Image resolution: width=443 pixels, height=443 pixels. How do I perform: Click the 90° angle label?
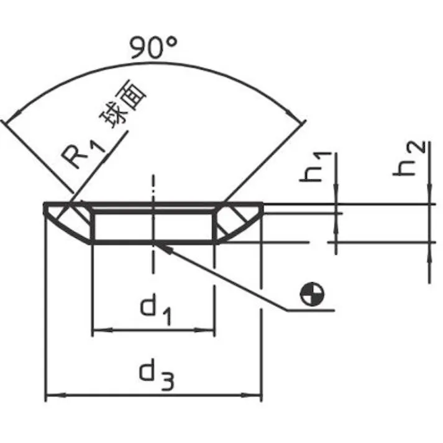(x=153, y=47)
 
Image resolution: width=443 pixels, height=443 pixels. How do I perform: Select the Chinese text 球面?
(x=124, y=104)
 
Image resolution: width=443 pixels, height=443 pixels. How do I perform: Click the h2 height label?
(x=409, y=159)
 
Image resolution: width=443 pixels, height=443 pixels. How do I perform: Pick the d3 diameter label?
(x=157, y=374)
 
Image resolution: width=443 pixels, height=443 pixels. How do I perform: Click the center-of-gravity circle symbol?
(x=312, y=294)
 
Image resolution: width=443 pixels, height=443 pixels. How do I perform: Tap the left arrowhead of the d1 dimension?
(x=103, y=330)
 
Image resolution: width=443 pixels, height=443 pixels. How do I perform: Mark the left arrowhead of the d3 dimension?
(x=56, y=395)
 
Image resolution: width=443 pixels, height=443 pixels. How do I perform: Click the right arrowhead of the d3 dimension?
(x=251, y=395)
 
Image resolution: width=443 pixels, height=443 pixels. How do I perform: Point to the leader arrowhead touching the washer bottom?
(x=163, y=248)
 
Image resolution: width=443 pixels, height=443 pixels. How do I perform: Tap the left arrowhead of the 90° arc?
(x=14, y=115)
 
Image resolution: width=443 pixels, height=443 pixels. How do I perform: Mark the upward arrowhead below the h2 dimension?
(x=429, y=252)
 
